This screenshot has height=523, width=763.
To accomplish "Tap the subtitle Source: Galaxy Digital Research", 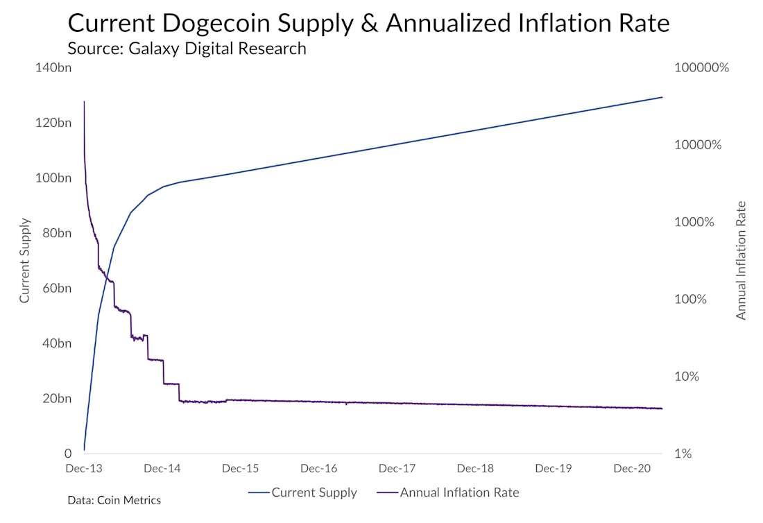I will (x=187, y=49).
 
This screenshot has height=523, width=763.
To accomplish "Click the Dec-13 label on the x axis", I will (x=84, y=469).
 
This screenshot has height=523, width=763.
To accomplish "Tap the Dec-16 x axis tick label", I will (x=320, y=469).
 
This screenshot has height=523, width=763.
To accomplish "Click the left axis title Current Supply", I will (x=25, y=261).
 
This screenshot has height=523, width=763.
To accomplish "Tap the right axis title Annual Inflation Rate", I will (x=741, y=261).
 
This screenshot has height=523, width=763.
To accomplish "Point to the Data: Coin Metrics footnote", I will (x=114, y=500).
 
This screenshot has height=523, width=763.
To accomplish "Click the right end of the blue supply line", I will (x=662, y=98).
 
